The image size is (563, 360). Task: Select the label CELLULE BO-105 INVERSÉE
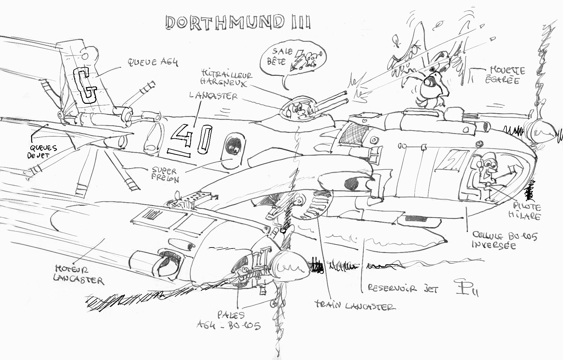[x=505, y=241]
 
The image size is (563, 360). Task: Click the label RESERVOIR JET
[x=403, y=288]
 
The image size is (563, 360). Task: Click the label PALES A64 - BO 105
[x=229, y=320]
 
